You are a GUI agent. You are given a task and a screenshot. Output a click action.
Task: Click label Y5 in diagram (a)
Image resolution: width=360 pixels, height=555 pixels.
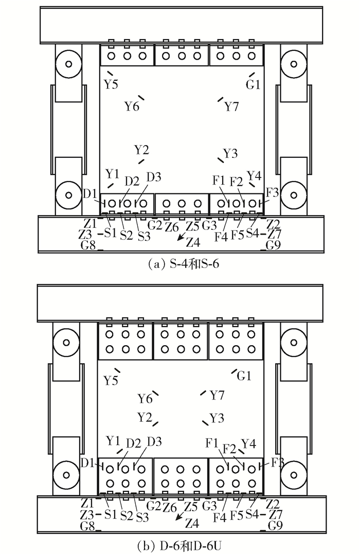(111, 84)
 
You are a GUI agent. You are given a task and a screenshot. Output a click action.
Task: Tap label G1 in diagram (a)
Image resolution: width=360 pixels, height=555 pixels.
(253, 84)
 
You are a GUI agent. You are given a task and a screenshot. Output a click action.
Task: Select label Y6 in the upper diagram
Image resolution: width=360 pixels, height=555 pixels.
(132, 106)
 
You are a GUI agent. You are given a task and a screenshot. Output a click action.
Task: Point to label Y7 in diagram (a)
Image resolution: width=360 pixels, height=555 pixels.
(232, 106)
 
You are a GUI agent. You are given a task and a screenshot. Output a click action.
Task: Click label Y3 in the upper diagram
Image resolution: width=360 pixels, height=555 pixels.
(230, 154)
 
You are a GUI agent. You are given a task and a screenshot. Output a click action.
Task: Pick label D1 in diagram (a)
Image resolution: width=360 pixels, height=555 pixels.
(90, 194)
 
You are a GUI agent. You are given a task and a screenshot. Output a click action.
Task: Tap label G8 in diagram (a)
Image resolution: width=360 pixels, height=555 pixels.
(88, 245)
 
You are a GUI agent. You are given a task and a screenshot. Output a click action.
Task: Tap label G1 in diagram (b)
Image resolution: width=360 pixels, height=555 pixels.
(244, 375)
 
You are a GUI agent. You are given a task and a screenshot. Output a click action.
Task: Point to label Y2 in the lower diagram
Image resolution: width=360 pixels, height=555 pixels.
(145, 417)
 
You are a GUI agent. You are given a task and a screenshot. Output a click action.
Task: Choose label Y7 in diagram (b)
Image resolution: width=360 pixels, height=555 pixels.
(217, 395)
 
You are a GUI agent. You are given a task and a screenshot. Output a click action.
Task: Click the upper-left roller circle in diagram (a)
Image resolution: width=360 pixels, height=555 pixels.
(69, 64)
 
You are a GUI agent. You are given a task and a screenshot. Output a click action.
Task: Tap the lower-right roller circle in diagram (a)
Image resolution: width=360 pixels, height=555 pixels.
(294, 194)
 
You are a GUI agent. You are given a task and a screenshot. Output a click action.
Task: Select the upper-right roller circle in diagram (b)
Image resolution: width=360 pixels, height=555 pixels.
(294, 342)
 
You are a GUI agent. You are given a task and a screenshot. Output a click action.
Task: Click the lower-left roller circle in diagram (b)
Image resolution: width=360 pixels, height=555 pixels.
(66, 473)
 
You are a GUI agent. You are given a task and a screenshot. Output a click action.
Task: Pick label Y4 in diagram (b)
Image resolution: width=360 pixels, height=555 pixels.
(248, 443)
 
